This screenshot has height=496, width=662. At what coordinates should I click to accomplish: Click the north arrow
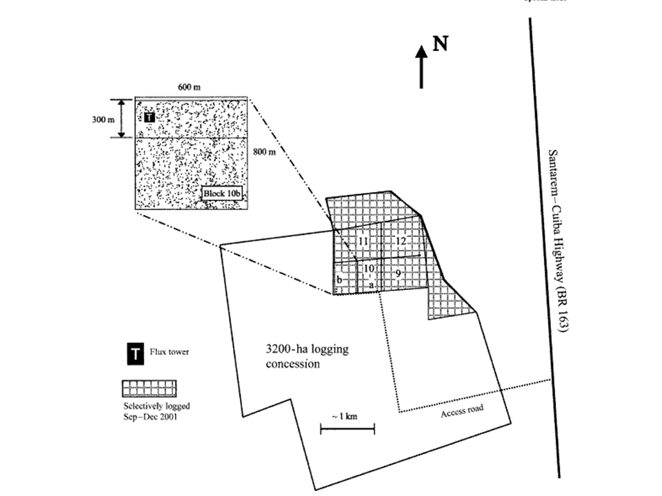tap(422, 67)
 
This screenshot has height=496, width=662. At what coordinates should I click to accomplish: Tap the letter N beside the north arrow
tap(441, 44)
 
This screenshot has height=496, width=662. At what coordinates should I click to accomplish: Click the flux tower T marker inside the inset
tap(150, 117)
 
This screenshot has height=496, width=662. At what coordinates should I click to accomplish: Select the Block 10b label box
tap(223, 194)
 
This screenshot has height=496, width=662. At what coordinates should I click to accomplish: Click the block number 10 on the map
tap(370, 268)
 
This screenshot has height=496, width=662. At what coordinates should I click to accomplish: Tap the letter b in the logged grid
tap(340, 280)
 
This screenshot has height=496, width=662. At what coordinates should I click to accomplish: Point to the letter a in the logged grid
tap(371, 284)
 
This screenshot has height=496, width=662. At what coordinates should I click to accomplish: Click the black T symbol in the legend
tap(134, 355)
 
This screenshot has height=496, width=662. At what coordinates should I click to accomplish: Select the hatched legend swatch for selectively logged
tap(150, 389)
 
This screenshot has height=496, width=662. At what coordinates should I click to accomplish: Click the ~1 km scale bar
tap(348, 429)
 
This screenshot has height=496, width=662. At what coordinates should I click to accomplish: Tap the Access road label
tap(461, 408)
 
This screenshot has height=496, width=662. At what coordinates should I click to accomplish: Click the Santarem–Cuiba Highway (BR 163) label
tap(557, 241)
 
